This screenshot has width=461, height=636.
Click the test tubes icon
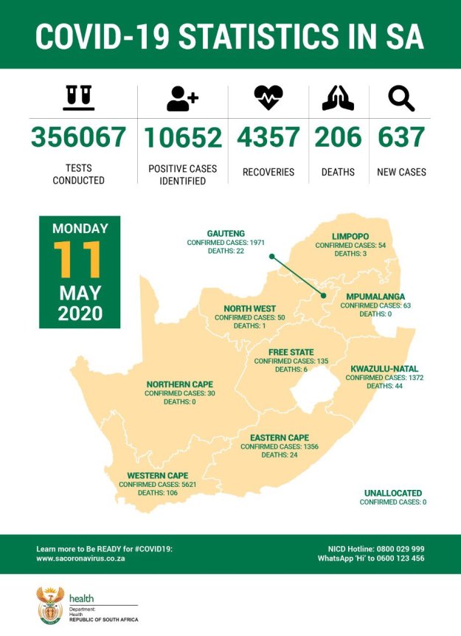[78, 97]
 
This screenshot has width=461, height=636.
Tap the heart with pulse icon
[268, 97]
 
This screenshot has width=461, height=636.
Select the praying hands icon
[338, 97]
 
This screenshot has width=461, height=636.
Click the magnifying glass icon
[401, 97]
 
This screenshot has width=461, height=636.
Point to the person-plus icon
[182, 97]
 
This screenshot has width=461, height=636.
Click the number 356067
[78, 137]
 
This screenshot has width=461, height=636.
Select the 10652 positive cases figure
[182, 137]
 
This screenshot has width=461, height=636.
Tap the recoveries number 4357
[268, 137]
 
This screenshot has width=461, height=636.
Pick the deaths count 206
[339, 137]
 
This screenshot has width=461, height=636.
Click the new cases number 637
[401, 137]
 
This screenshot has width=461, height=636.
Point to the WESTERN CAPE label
[157, 475]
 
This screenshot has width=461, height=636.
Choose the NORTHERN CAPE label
[179, 384]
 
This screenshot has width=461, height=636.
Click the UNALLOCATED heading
[392, 492]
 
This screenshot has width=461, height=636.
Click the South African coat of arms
[50, 606]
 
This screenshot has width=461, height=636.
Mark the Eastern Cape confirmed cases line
[280, 446]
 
